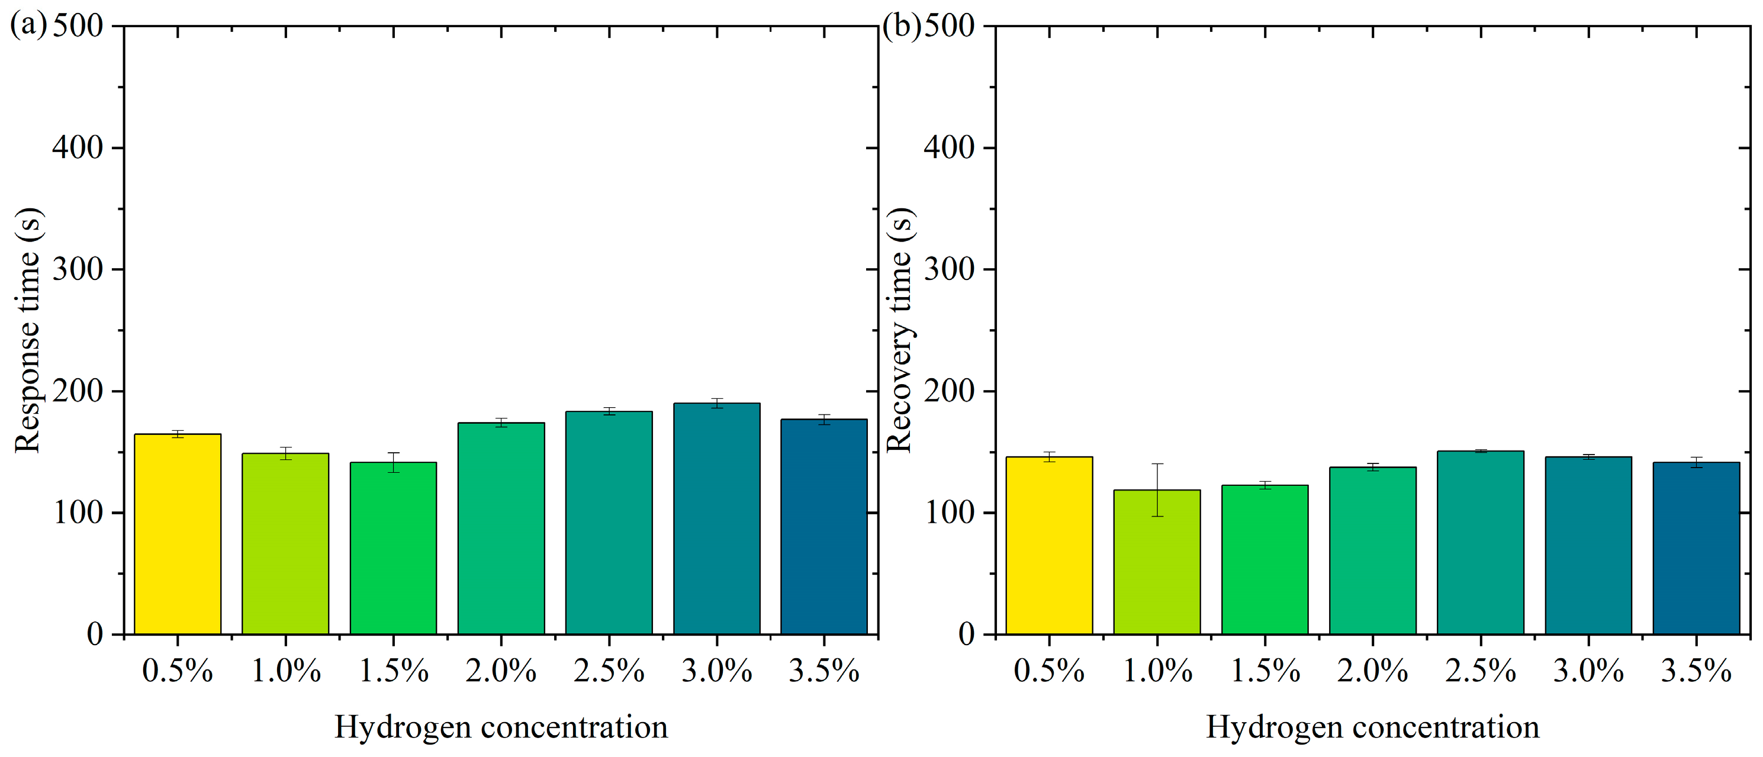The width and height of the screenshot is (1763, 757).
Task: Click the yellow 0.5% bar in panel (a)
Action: point(177,534)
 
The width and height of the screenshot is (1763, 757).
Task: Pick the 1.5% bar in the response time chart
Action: point(393,547)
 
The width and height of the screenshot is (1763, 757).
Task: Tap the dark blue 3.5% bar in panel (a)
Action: point(824,527)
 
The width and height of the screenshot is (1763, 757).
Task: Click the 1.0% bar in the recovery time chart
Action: point(1157,562)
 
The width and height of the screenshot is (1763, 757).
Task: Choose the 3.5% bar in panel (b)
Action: point(1696,547)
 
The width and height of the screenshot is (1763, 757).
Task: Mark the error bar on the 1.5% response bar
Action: point(393,462)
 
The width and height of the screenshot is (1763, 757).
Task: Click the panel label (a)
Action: point(28,25)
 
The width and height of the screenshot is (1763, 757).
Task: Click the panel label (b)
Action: point(900,25)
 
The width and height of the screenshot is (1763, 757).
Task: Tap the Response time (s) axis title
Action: point(27,330)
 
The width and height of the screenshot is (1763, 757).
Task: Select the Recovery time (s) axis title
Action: point(899,330)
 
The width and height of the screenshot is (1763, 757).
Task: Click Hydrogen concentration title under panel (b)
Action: point(1372,727)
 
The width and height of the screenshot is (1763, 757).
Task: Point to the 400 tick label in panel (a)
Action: point(78,147)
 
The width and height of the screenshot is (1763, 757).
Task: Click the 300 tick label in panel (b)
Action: point(948,269)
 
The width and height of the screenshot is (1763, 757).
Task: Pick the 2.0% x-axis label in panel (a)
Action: point(501,671)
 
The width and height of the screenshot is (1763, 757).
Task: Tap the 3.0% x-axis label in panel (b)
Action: point(1588,671)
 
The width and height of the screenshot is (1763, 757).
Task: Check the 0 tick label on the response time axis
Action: point(95,634)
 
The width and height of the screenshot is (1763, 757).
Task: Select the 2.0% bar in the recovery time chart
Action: point(1372,550)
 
